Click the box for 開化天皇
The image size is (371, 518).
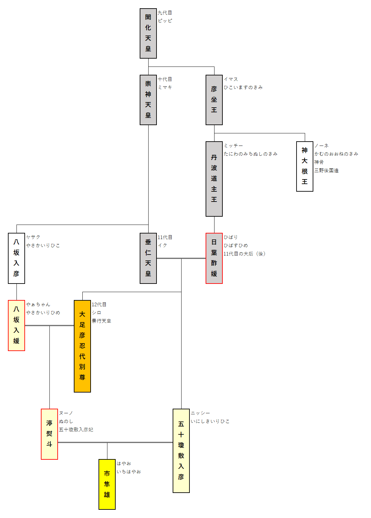click(148, 33)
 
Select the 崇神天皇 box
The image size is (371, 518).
click(148, 100)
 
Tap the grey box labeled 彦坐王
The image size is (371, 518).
click(214, 100)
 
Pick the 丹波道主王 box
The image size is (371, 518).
click(214, 179)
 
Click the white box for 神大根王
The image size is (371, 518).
click(304, 166)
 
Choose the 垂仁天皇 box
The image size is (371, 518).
click(148, 258)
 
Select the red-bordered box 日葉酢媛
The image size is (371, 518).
click(214, 258)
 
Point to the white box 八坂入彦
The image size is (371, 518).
click(16, 258)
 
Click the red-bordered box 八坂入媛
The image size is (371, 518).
click(16, 325)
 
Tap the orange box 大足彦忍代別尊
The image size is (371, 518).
click(82, 346)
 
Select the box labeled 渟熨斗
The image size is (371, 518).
click(49, 434)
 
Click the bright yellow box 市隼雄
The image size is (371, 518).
click(107, 484)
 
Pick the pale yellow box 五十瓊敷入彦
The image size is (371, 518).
click(181, 451)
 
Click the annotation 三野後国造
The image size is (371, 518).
click(326, 171)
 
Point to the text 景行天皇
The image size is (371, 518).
click(101, 321)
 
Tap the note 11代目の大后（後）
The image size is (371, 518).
click(244, 254)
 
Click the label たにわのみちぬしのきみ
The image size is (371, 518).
click(250, 154)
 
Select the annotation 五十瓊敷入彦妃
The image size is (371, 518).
click(76, 429)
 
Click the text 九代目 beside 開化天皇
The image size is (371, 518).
click(165, 13)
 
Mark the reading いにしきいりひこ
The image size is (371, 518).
click(210, 421)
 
